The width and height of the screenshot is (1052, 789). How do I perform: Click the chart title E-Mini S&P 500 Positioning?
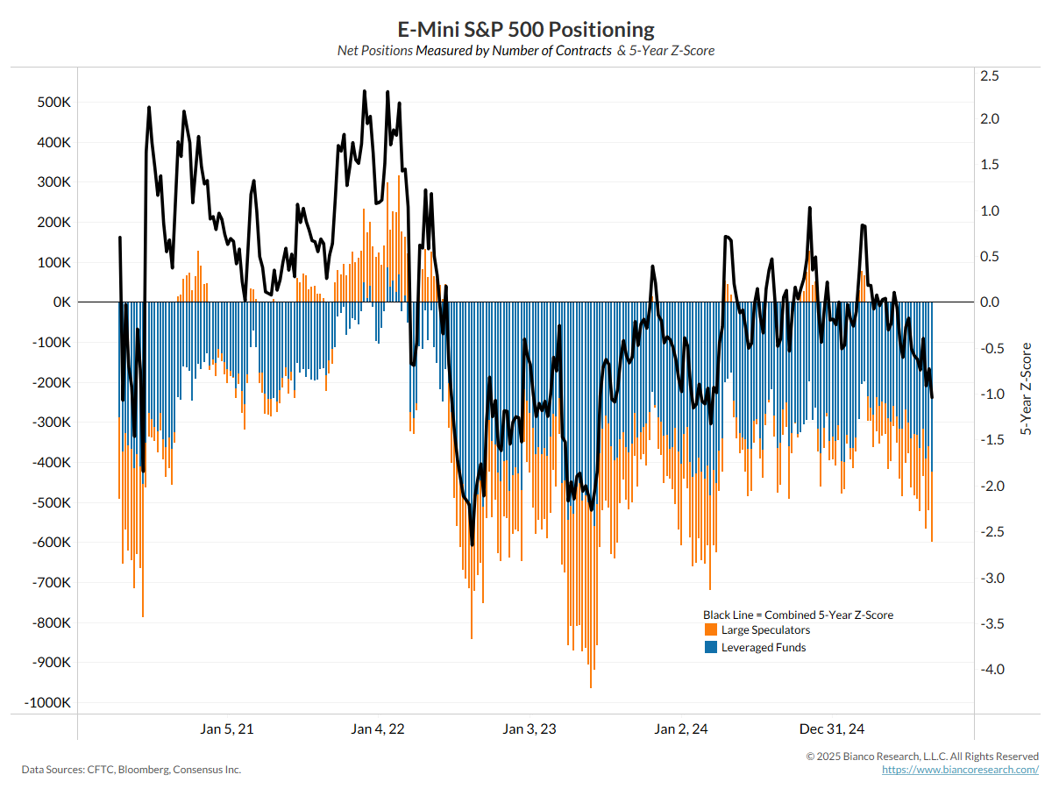click(x=526, y=30)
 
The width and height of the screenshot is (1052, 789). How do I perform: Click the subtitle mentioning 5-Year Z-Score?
click(x=526, y=51)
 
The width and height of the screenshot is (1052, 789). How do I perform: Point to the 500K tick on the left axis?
click(x=53, y=103)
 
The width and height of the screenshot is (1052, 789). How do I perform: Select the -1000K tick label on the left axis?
click(x=48, y=703)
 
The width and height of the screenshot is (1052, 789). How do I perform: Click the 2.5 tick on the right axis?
click(x=990, y=76)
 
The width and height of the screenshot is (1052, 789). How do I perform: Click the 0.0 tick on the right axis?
click(x=990, y=302)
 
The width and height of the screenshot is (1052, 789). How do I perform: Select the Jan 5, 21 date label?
click(x=227, y=729)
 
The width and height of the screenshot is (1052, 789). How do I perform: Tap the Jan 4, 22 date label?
click(x=378, y=729)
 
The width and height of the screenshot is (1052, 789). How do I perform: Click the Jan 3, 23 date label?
click(x=530, y=729)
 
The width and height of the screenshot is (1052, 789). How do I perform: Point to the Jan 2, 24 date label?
click(x=681, y=729)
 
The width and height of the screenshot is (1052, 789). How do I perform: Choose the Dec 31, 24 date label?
click(x=832, y=729)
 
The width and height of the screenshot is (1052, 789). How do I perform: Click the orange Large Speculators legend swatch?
click(x=711, y=630)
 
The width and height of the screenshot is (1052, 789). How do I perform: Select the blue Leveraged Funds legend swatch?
click(x=711, y=648)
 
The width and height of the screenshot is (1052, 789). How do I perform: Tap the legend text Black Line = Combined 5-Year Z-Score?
click(x=798, y=615)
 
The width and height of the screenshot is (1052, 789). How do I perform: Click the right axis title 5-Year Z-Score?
click(x=1025, y=389)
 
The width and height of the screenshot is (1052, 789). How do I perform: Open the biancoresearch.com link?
click(x=960, y=769)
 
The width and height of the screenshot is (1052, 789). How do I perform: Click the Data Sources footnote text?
click(x=131, y=770)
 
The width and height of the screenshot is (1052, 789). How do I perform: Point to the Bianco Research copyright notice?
click(x=922, y=756)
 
